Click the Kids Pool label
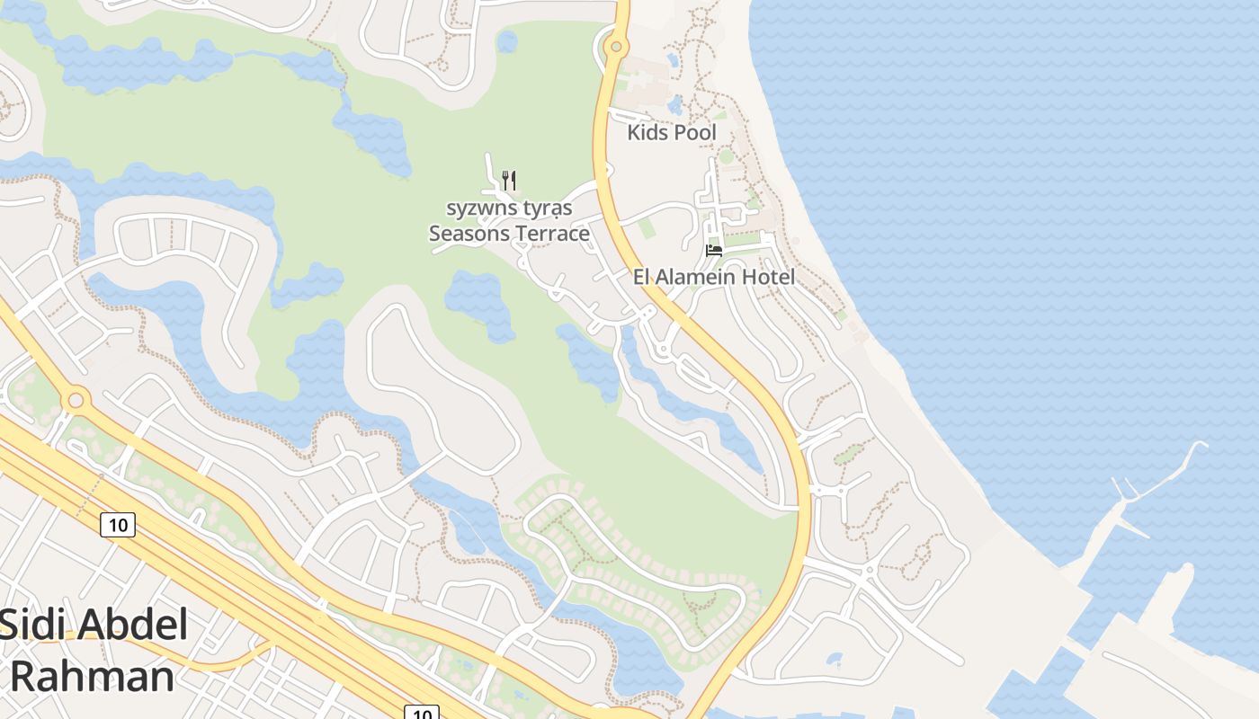pos(672,133)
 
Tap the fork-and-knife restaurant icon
pos(509,180)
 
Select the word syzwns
pos(481,209)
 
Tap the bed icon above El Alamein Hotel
pos(714,250)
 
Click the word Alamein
pos(703,277)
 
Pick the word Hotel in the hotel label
pos(770,277)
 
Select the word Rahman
pos(92,676)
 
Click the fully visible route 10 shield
pos(118,524)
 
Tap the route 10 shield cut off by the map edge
pos(421,713)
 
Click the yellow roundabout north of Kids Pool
pos(616,46)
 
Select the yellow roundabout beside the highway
pos(76,398)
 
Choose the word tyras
pos(547,209)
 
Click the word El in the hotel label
pos(642,277)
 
